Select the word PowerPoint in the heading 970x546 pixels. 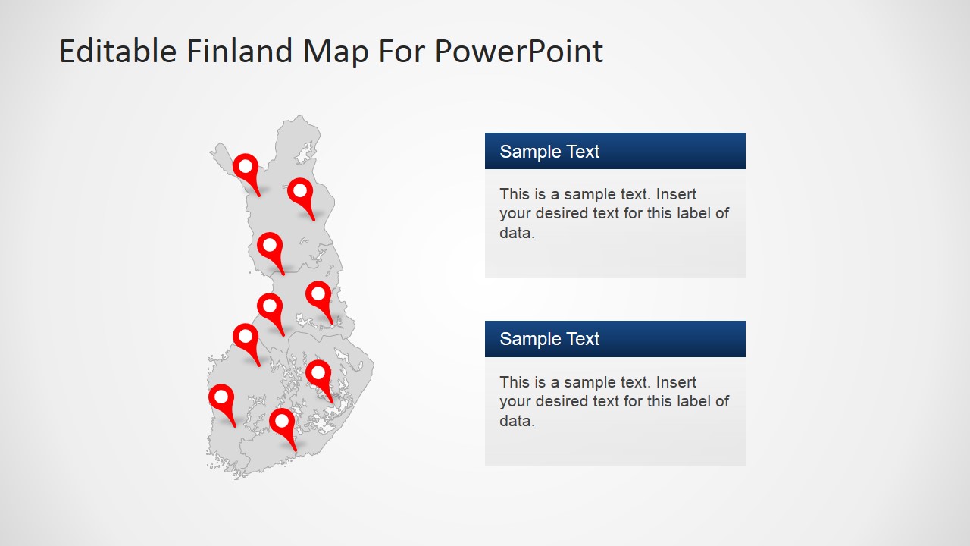pos(519,52)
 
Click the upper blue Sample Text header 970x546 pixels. pos(615,151)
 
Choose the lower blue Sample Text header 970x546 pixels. pos(615,339)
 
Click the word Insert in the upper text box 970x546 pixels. pos(676,194)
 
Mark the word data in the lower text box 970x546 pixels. pos(517,421)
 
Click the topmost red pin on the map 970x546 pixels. pos(246,167)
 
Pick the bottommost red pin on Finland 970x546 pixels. pos(282,421)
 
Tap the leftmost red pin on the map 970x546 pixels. pos(221,397)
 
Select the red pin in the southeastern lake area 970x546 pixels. pos(318,373)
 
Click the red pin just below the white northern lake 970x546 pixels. pos(300,191)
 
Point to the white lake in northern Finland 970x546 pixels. pos(305,155)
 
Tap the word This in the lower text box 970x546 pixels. pos(515,382)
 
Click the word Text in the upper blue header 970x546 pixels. pos(582,151)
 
